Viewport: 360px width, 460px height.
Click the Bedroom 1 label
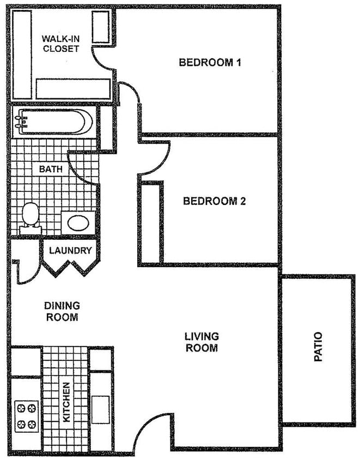(x=210, y=62)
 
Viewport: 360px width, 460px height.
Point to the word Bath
(x=51, y=169)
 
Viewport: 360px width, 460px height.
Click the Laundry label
(x=70, y=251)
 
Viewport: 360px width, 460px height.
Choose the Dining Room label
(x=62, y=311)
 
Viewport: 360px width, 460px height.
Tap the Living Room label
(x=202, y=342)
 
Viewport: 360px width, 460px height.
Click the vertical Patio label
(x=319, y=348)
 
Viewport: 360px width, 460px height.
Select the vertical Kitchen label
(x=66, y=402)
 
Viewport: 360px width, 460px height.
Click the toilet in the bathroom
(x=30, y=215)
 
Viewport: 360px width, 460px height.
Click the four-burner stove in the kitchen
(x=26, y=415)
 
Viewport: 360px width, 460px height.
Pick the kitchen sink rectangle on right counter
(x=101, y=407)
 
